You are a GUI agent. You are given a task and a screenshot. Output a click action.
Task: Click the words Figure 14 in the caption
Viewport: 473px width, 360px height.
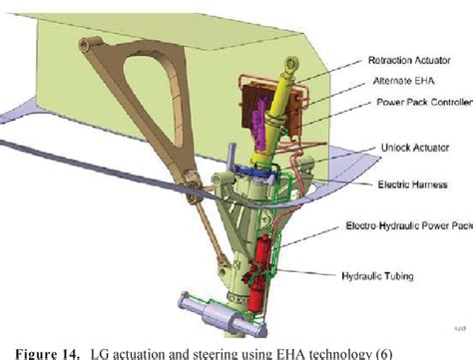(x=44, y=351)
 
